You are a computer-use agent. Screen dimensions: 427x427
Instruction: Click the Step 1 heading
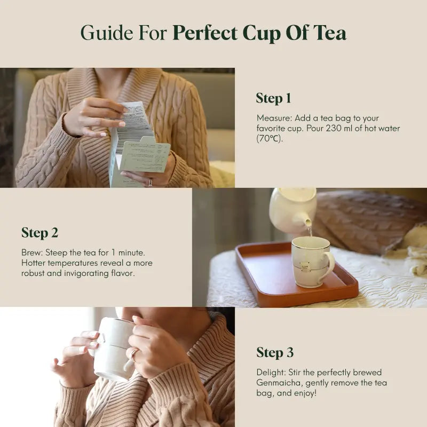coord(273,98)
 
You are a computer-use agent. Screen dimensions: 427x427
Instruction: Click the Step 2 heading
coord(39,233)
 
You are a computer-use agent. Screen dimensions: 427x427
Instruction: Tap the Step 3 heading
coord(274,352)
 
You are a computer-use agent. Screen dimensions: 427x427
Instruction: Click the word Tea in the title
coord(330,33)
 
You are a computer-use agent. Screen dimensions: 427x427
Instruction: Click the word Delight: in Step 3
coord(272,373)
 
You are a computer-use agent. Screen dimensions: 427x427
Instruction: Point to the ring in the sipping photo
coord(135,352)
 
